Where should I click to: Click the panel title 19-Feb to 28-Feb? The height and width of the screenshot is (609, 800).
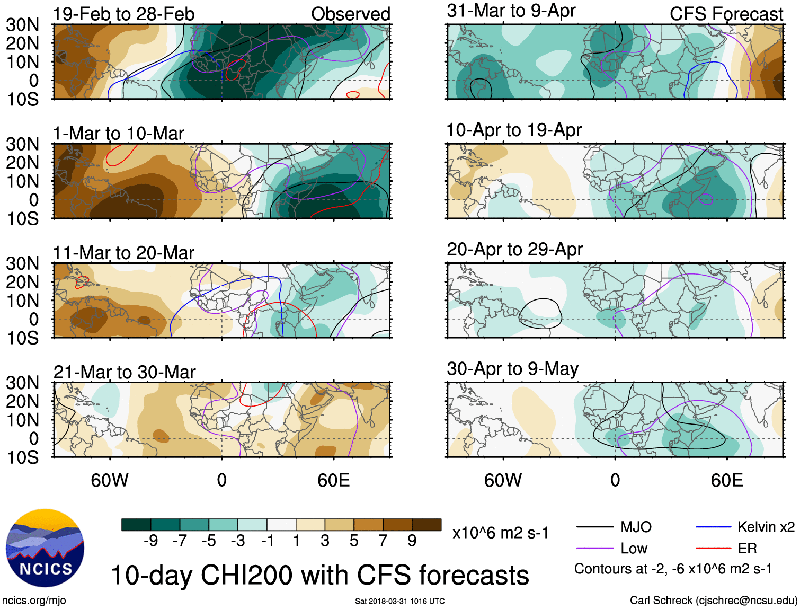[x=123, y=14]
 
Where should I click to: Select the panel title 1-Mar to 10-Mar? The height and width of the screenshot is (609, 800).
[x=118, y=134]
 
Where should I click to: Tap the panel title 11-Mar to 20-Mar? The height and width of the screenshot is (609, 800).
[x=123, y=253]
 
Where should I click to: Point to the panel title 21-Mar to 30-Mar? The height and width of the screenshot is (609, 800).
[x=125, y=372]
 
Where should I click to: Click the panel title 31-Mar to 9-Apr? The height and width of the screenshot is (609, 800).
[x=511, y=11]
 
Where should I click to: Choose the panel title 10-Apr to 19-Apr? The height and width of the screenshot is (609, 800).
[x=513, y=130]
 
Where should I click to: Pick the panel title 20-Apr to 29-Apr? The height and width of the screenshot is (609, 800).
[x=514, y=249]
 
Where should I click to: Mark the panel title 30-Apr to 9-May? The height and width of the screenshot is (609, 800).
[x=512, y=368]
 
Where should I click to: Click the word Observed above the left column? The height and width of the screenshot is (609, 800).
[x=350, y=14]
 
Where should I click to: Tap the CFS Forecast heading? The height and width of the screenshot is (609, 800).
[x=726, y=14]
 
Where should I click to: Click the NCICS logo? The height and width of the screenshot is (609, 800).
[x=45, y=548]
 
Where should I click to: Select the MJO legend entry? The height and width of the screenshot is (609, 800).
[x=636, y=527]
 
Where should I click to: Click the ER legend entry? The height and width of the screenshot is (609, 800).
[x=747, y=549]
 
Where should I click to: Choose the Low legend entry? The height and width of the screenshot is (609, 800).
[x=634, y=549]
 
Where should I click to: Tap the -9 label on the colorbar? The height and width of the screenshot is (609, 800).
[x=150, y=541]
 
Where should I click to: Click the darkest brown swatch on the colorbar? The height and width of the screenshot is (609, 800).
[x=426, y=525]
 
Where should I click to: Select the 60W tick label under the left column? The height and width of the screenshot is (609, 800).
[x=110, y=480]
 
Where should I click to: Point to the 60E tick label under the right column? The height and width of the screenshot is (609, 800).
[x=726, y=480]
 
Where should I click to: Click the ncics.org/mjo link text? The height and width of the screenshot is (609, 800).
[x=34, y=601]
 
